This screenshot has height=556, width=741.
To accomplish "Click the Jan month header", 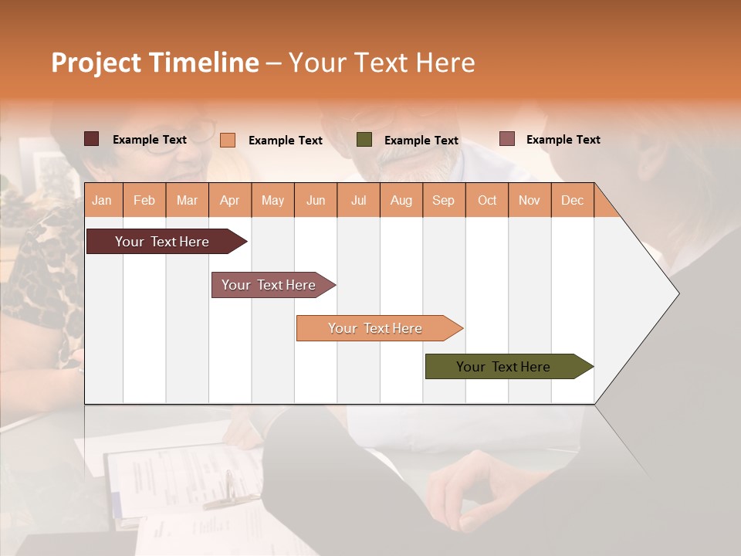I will [103, 200].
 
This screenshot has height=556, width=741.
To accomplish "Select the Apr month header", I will [230, 200].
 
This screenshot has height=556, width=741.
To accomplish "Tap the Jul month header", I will [358, 200].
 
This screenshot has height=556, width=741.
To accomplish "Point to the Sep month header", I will [444, 200].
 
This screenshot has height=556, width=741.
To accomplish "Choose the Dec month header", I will [572, 200].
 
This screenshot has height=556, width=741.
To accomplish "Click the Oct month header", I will [487, 200].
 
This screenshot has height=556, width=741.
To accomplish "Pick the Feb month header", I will [144, 200].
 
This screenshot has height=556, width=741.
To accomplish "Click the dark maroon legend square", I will [92, 139].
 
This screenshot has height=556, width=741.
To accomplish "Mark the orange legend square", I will [228, 140].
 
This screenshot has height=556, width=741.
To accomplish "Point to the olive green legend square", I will [364, 140].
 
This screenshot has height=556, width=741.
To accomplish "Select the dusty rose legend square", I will [507, 139].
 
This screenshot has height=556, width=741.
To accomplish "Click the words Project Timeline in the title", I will [155, 63].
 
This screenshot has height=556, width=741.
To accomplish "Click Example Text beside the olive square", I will [421, 141].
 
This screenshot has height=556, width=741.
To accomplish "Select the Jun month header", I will [316, 200].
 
